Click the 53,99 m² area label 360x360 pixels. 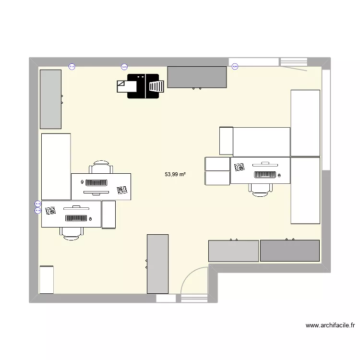click(175, 175)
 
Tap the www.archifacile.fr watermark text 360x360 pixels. click(330, 325)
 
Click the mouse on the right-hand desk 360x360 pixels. click(278, 176)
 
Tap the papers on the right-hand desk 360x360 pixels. click(240, 168)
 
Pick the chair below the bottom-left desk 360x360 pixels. click(72, 233)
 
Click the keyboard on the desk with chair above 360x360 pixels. click(97, 182)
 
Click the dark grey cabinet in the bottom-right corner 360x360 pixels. click(290, 251)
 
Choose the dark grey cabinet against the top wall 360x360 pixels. click(197, 77)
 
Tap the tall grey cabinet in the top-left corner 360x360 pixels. click(50, 99)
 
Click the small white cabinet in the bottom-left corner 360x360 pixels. click(47, 279)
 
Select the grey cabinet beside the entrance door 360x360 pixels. click(157, 264)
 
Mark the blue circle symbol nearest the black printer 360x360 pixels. click(124, 67)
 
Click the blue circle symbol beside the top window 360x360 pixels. click(235, 67)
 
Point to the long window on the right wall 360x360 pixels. click(326, 120)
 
